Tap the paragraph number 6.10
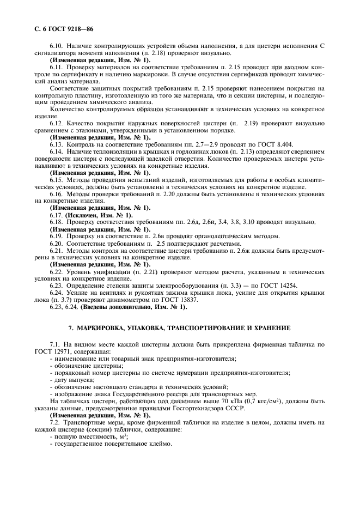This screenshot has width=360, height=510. click(x=56, y=47)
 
